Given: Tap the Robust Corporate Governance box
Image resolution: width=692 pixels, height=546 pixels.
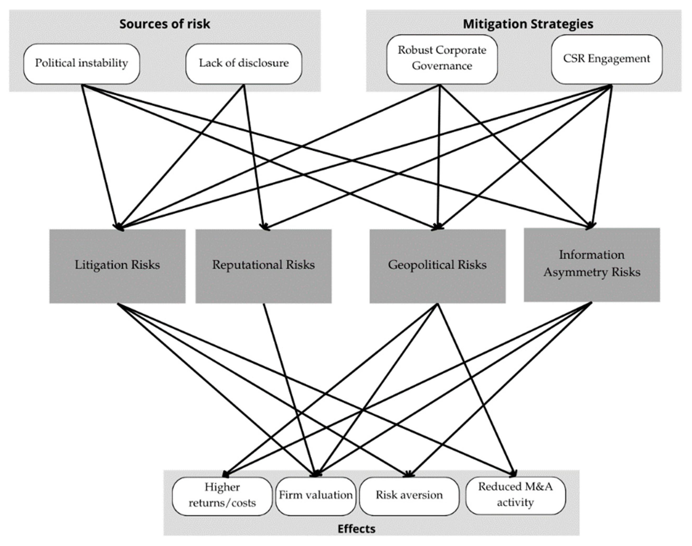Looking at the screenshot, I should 442,59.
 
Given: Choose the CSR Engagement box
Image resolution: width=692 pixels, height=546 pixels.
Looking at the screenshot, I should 606,59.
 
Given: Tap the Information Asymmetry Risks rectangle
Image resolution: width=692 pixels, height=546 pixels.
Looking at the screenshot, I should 592,265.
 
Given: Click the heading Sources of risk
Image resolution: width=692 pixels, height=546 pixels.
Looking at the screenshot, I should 164,24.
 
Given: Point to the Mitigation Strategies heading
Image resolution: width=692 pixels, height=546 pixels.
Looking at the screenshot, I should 528,24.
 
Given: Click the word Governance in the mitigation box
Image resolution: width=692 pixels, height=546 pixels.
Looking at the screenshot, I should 442,66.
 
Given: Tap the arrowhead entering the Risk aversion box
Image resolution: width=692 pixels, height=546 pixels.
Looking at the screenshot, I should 408,474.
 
